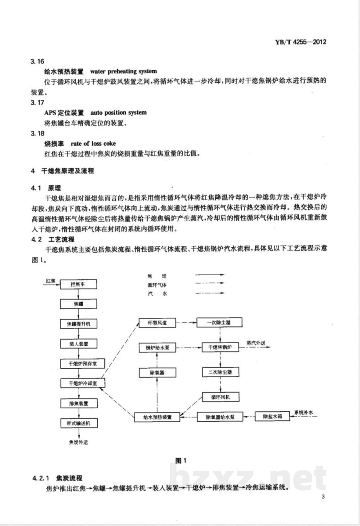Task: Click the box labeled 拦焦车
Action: point(78,284)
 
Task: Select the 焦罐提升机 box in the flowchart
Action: point(78,324)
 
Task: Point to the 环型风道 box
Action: point(157,323)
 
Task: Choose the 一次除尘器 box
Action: point(220,323)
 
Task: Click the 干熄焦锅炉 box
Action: point(220,348)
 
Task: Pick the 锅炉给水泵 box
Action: point(157,348)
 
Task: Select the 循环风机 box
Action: point(220,397)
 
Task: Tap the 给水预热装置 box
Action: point(157,417)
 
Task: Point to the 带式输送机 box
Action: point(78,423)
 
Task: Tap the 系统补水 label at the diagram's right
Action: point(306,412)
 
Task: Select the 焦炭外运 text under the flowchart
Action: point(78,442)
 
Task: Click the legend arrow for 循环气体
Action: point(209,285)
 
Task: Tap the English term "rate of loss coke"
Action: point(93,143)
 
